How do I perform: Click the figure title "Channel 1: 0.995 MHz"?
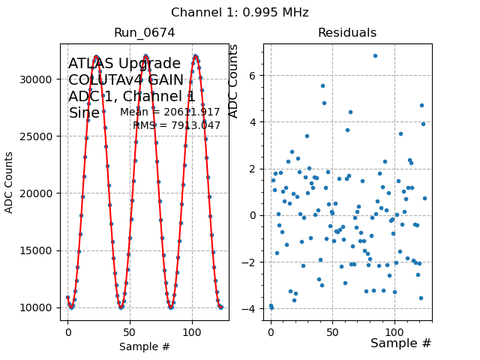click(239, 13)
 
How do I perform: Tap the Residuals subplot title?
click(346, 33)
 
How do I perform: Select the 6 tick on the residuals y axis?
click(253, 76)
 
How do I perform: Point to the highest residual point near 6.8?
click(375, 55)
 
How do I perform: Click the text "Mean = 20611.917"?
click(170, 112)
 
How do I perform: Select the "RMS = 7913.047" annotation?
click(177, 126)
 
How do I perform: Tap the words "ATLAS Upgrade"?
click(124, 64)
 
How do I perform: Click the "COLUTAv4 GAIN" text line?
click(126, 80)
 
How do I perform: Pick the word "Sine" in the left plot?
click(84, 113)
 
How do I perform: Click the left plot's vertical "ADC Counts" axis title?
click(10, 182)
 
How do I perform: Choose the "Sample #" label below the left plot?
click(144, 346)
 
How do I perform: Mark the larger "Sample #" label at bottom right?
click(400, 343)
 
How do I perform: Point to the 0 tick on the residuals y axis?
click(253, 216)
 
